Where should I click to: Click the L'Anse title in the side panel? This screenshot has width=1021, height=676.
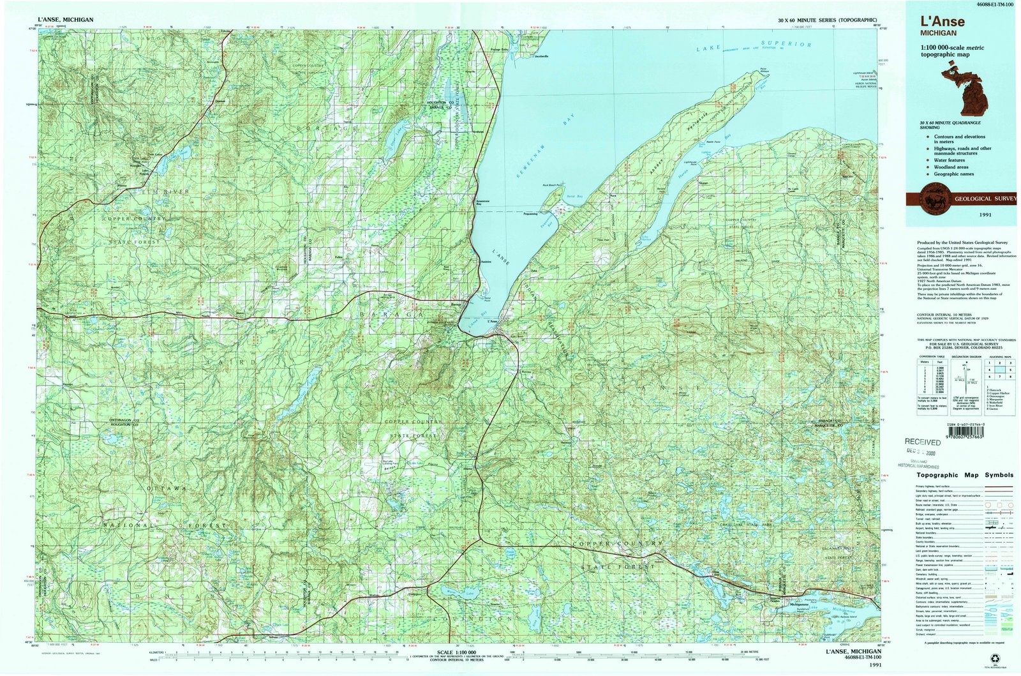click(942, 22)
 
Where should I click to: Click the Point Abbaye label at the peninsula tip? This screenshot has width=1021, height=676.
click(763, 71)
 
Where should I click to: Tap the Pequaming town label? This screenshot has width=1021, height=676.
click(530, 213)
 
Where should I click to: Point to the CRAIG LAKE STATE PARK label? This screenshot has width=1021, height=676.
click(745, 525)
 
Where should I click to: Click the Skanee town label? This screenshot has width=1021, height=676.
click(703, 183)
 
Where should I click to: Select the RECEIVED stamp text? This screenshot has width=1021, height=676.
click(923, 442)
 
